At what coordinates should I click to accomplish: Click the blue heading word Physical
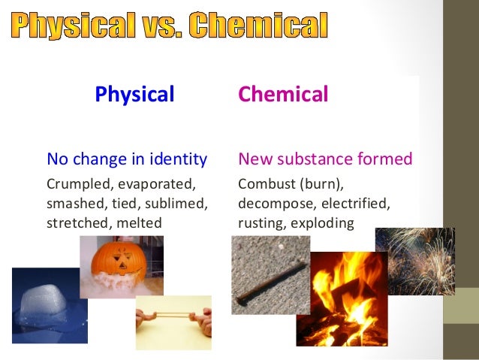coord(134,95)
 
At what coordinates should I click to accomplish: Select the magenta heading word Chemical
coord(283,95)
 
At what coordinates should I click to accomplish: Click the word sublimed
coord(181,204)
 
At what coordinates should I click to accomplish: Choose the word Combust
coord(263,184)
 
